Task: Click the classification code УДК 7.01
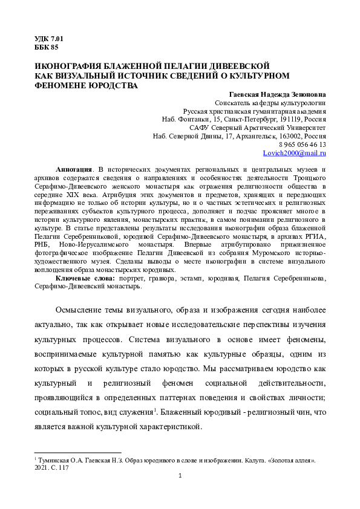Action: (49, 39)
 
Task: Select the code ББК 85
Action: (47, 48)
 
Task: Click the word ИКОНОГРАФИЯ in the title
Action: (69, 65)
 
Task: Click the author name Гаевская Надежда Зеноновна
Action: (278, 95)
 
